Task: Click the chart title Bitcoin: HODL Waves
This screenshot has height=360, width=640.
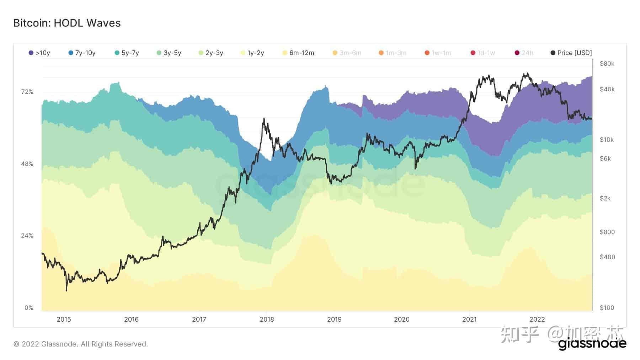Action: [x=67, y=23]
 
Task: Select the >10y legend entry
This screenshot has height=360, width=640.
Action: [x=39, y=53]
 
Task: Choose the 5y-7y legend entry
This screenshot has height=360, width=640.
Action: [x=127, y=53]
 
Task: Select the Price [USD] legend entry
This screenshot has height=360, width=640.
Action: [x=571, y=53]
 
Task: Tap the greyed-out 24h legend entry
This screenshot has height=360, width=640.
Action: [x=524, y=53]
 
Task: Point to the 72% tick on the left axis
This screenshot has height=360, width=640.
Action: [x=27, y=92]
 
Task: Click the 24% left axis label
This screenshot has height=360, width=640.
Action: [x=27, y=236]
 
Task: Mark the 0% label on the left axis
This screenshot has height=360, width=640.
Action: [x=29, y=308]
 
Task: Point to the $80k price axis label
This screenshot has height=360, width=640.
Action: [x=607, y=64]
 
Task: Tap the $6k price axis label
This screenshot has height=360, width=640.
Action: [x=605, y=158]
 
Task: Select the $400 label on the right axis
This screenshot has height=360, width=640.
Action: [x=607, y=257]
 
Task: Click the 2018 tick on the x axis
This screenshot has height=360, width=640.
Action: [x=267, y=319]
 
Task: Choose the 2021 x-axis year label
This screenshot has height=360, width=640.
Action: [x=469, y=319]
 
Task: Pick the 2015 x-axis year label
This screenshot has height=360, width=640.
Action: [x=64, y=319]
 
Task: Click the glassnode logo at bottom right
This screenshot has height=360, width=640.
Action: [x=592, y=344]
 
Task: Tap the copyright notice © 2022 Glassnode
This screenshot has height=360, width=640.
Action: [x=80, y=344]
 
